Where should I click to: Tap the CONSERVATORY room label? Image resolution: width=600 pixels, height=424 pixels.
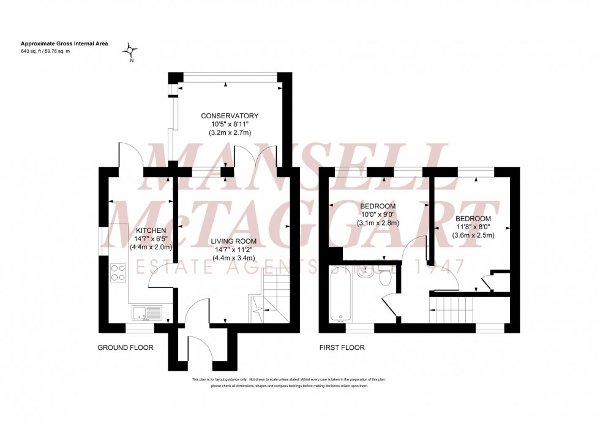[230, 116]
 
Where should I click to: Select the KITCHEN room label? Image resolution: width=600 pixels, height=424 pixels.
[151, 230]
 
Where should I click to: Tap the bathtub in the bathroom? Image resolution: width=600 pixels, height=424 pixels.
[340, 295]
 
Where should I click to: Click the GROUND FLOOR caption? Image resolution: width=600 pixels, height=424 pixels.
[126, 348]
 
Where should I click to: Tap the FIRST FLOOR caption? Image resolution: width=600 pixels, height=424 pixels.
[342, 348]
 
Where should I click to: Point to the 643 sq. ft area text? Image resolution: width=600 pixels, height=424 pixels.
[37, 51]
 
